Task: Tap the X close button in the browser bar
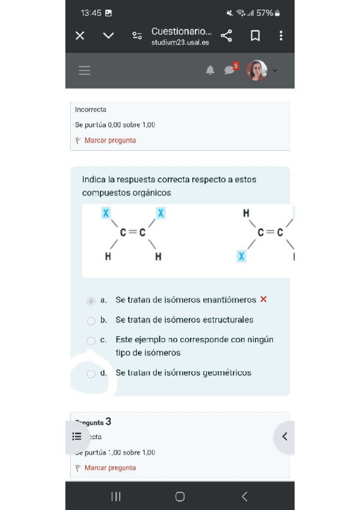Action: point(80,36)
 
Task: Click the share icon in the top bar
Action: point(226,36)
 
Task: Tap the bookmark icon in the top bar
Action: point(255,36)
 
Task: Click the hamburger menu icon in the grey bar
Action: point(85,70)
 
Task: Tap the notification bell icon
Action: point(210,70)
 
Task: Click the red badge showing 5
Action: point(236,66)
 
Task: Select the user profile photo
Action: point(257,70)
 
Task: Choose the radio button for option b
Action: point(91,321)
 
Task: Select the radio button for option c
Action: point(91,340)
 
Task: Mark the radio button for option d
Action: point(91,373)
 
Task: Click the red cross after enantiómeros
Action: point(263,300)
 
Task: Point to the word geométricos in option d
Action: point(227,373)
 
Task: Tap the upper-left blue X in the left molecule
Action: point(106,213)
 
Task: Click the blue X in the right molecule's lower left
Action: point(241,256)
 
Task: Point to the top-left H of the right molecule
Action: point(246,214)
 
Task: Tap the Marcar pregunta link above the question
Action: point(110,141)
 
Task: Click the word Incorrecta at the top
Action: point(91,109)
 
